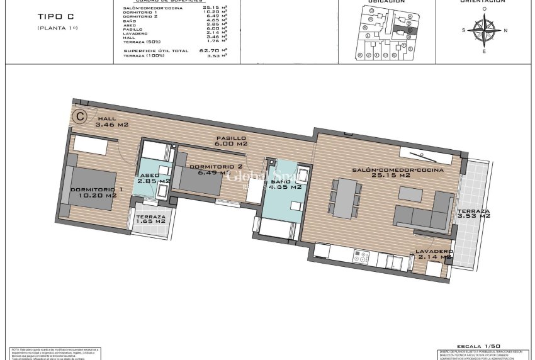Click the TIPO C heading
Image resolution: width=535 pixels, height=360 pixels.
(55, 16)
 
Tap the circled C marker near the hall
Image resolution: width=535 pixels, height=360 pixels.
(81, 116)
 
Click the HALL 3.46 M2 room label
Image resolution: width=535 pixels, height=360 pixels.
(111, 121)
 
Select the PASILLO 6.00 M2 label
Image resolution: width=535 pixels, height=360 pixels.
(230, 140)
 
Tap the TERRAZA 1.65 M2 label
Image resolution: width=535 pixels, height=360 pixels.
(150, 218)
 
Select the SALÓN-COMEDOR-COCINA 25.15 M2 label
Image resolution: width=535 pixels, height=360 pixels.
(397, 172)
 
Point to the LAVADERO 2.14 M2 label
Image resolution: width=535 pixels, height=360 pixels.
(433, 254)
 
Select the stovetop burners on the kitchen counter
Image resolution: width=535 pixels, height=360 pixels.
(361, 257)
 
